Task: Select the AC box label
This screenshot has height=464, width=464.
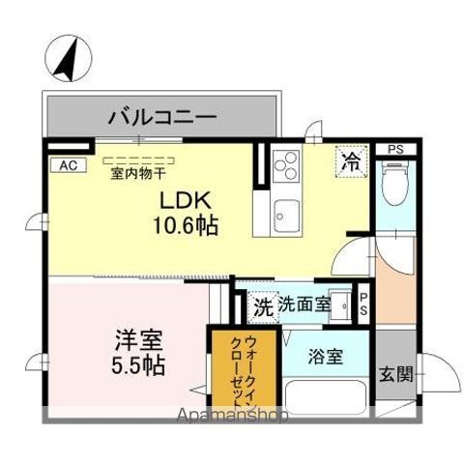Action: coord(67,165)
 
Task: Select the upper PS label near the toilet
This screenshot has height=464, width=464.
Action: coord(395,150)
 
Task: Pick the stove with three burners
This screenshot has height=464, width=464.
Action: coord(285,169)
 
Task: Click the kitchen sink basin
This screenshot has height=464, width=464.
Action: coord(286,211)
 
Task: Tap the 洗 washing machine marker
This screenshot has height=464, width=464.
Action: coord(263,306)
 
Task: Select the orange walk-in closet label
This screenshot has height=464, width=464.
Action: coord(244,368)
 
